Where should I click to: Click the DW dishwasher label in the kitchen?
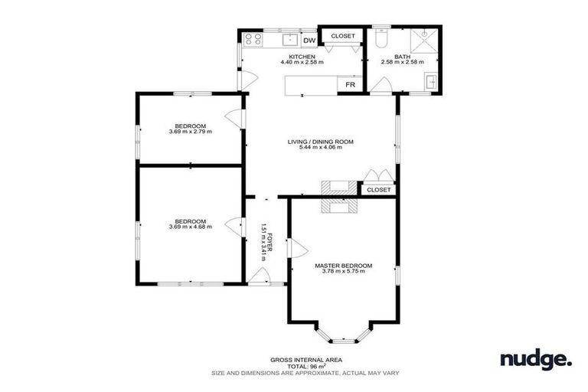[x=309, y=41]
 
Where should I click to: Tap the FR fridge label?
[x=350, y=85]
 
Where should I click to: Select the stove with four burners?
[x=253, y=39]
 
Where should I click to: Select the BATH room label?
[x=402, y=56]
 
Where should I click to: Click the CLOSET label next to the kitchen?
[x=342, y=36]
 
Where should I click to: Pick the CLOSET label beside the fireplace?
[x=378, y=189]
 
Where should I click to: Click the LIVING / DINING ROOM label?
[x=320, y=142]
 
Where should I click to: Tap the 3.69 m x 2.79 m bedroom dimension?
[x=190, y=132]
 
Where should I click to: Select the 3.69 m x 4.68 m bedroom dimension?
[x=190, y=227]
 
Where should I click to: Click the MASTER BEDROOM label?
[x=343, y=266]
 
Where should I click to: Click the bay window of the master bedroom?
[x=344, y=335]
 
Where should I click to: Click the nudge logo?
[x=535, y=358]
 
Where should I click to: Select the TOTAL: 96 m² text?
[x=305, y=366]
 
